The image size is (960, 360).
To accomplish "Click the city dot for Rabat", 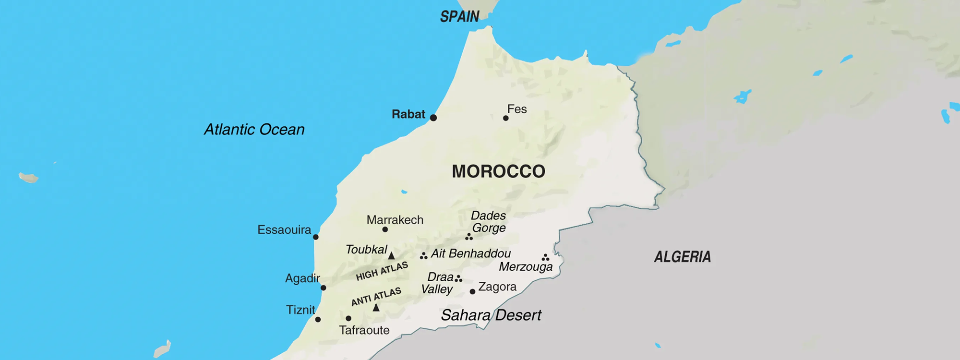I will pyautogui.click(x=433, y=118).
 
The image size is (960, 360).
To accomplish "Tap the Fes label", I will pyautogui.click(x=517, y=109).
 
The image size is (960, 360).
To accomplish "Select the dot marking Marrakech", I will pyautogui.click(x=385, y=229).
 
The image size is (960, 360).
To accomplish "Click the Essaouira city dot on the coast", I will pyautogui.click(x=315, y=237).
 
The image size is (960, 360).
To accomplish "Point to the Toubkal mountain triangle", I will pyautogui.click(x=391, y=256).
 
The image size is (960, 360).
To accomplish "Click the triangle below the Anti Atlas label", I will pyautogui.click(x=376, y=308).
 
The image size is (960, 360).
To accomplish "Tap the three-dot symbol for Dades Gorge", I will pyautogui.click(x=469, y=237).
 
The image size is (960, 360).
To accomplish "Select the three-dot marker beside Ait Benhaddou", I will pyautogui.click(x=423, y=256).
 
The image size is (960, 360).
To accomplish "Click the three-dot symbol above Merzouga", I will pyautogui.click(x=545, y=258).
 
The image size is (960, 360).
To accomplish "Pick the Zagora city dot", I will pyautogui.click(x=472, y=291).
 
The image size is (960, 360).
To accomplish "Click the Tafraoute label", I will pyautogui.click(x=364, y=330).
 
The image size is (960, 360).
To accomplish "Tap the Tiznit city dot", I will pyautogui.click(x=318, y=319).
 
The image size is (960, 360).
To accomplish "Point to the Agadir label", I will pyautogui.click(x=302, y=278).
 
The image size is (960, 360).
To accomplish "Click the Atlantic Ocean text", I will pyautogui.click(x=254, y=130).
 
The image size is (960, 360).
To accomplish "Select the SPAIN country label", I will pyautogui.click(x=459, y=17).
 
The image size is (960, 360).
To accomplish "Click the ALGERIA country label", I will pyautogui.click(x=682, y=257).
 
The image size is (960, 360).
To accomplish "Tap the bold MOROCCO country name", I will pyautogui.click(x=498, y=171).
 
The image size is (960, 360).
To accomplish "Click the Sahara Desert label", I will pyautogui.click(x=491, y=315).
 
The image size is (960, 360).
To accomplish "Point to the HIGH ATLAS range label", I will pyautogui.click(x=382, y=271).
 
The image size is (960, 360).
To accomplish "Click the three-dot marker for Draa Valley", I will pyautogui.click(x=458, y=279).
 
